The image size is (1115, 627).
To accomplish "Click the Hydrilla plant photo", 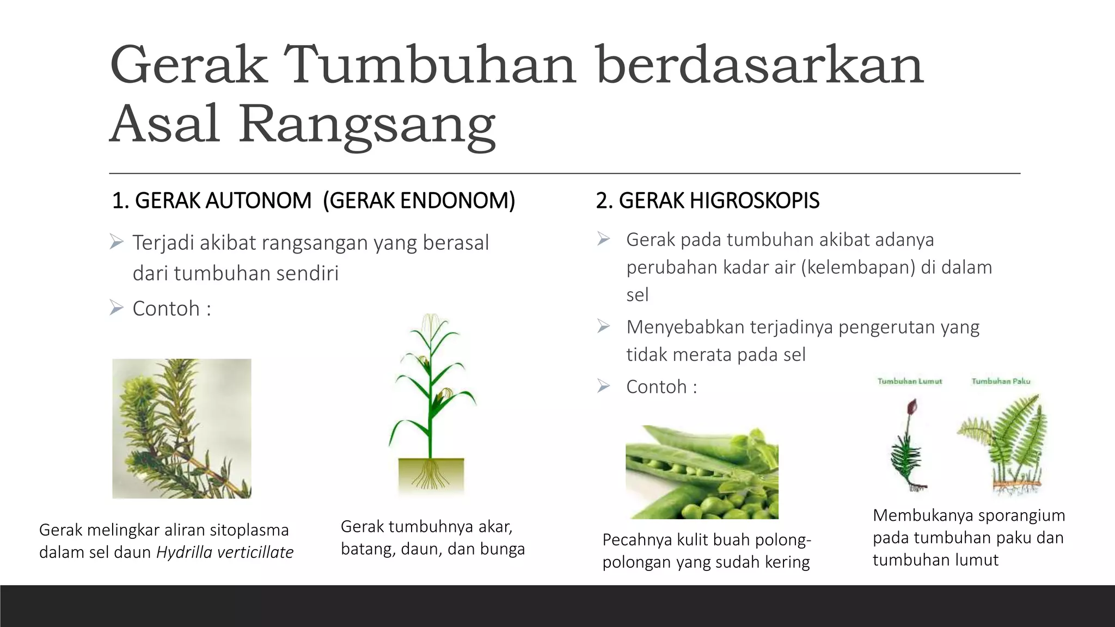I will coord(182,428).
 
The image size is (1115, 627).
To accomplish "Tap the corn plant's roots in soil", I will coord(431,475).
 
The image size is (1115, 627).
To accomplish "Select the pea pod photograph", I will coord(702,472).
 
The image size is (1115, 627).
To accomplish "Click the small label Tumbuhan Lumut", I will coord(909,382).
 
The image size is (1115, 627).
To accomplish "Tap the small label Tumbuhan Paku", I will coord(1001,382).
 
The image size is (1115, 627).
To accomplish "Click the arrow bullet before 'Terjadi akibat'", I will coord(117,242).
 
